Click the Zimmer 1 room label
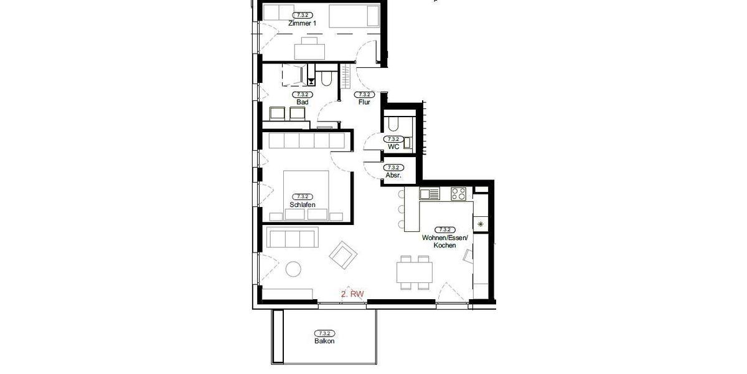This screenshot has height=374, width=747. pos(303,23)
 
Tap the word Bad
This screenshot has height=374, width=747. pos(302,102)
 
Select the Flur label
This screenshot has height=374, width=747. pos(364,102)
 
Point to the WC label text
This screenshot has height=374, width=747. pos(393,146)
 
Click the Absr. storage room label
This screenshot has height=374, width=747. pos(393,175)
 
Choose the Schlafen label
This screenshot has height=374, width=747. pos(303,204)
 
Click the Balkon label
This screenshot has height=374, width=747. pos(324,341)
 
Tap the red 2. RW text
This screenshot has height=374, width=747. pos(352,293)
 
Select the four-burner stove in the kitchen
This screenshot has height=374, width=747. pos(459,194)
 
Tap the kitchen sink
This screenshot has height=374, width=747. pos(430,194)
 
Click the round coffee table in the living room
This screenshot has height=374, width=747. pos(293,269)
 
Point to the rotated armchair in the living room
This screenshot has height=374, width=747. pos(343,254)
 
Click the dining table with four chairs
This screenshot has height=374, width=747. pos(415,272)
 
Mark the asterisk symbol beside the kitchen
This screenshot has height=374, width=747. pos(480,223)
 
